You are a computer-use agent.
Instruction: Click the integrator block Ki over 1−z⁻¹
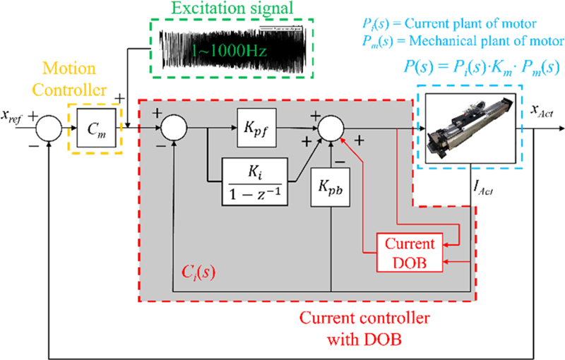coord(255,180)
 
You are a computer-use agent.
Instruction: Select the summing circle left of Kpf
coord(172,128)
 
